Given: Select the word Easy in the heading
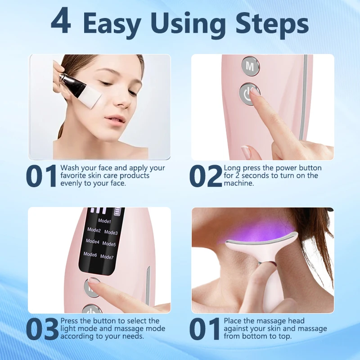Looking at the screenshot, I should pos(118,23).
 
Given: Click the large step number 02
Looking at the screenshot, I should pos(206,176).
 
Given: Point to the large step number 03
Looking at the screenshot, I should pos(42,329).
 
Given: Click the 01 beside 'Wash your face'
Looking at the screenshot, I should pos(42,176).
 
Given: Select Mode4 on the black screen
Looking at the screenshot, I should pos(92,241).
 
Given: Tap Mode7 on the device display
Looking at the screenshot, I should pos(107,257).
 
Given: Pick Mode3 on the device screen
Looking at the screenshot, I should pos(111,233).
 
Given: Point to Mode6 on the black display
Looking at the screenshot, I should pos(90,254).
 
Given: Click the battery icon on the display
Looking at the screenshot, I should pos(119,211).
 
